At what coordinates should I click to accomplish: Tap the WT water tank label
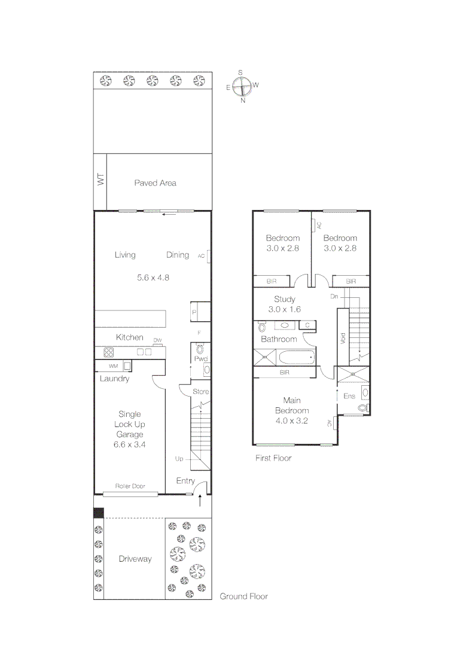[100, 179]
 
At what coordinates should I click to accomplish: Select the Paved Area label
[155, 183]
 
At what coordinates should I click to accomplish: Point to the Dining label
[178, 255]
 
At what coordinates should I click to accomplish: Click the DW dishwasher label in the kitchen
[157, 340]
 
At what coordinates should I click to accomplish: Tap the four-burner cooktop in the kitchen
[109, 352]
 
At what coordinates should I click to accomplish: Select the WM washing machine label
[113, 365]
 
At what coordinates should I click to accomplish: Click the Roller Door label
[130, 486]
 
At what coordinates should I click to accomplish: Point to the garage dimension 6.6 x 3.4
[130, 444]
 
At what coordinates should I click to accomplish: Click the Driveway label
[135, 559]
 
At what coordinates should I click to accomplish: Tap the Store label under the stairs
[201, 392]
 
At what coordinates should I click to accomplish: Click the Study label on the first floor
[284, 299]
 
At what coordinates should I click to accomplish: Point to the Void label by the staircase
[343, 339]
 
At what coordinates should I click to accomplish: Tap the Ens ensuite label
[349, 396]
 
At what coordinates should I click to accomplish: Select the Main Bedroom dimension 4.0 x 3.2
[292, 420]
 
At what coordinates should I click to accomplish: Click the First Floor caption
[273, 458]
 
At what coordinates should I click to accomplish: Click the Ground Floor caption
[243, 596]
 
